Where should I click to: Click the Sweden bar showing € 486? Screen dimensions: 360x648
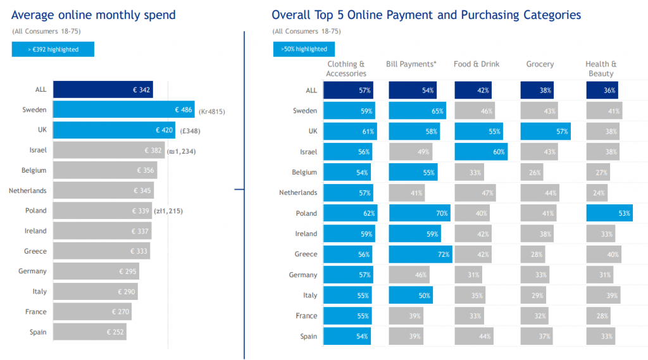click(x=123, y=110)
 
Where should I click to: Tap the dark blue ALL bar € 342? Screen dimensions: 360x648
click(x=103, y=90)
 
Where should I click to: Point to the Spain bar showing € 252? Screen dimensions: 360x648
click(x=89, y=332)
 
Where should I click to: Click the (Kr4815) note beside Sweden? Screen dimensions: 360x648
click(x=212, y=111)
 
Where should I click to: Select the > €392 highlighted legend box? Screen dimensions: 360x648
click(x=53, y=49)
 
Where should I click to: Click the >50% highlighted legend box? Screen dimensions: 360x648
click(x=304, y=49)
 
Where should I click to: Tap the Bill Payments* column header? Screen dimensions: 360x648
click(x=411, y=65)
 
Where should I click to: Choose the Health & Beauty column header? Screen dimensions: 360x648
click(x=601, y=69)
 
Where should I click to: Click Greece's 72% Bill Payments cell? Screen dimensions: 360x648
click(x=420, y=254)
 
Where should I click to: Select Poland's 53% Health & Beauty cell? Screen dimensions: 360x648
click(x=609, y=213)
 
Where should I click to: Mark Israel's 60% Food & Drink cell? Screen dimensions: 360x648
click(x=480, y=152)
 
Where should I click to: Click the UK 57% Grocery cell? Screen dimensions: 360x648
click(x=545, y=132)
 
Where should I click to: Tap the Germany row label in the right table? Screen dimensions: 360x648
click(x=303, y=275)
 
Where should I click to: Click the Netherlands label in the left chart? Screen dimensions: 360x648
click(x=28, y=190)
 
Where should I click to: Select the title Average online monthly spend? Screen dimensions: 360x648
click(x=94, y=15)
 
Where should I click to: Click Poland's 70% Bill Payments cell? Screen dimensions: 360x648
click(x=420, y=213)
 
